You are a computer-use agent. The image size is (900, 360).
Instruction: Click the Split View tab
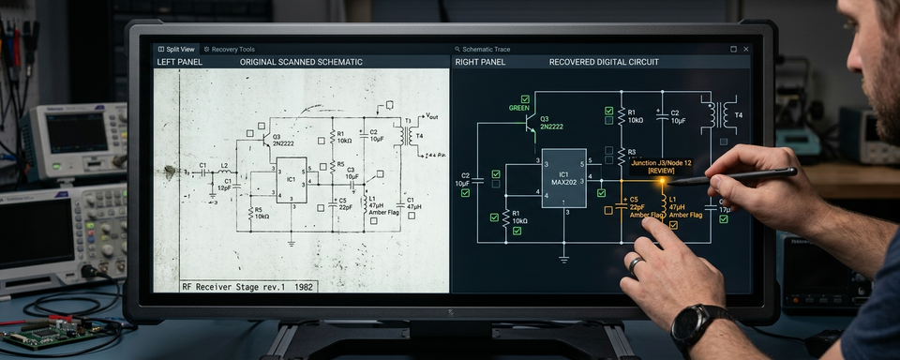click(x=176, y=49)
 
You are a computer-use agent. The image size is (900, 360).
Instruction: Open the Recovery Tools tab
click(x=229, y=49)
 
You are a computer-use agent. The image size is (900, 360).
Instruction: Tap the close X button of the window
click(x=746, y=49)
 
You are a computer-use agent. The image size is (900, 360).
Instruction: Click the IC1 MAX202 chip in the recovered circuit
click(x=563, y=177)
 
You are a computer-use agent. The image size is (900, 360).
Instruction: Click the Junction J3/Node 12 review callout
click(x=664, y=166)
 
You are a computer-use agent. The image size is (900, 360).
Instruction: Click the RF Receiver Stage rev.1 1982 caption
click(x=248, y=286)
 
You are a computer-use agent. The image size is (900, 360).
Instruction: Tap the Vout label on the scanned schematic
click(x=431, y=117)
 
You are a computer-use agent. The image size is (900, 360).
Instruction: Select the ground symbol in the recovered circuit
click(x=563, y=256)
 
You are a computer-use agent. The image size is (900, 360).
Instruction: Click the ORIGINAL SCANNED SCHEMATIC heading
click(x=301, y=62)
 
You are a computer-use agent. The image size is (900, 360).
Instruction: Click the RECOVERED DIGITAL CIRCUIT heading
click(x=604, y=62)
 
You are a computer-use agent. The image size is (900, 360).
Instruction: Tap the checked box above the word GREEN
click(x=525, y=97)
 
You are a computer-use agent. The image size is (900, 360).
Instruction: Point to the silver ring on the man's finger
click(x=637, y=265)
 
